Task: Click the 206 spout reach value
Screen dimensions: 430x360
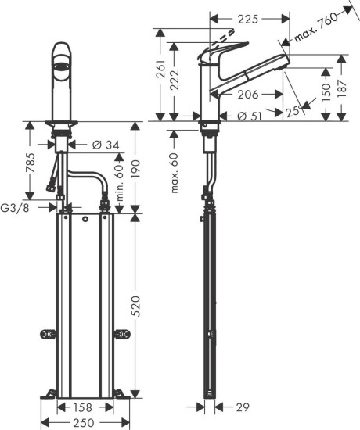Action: pos(249,94)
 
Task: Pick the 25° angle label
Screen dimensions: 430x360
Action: pos(295,109)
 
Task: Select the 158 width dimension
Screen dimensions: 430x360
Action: pos(85,407)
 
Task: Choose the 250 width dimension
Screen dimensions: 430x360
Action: pos(85,422)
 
